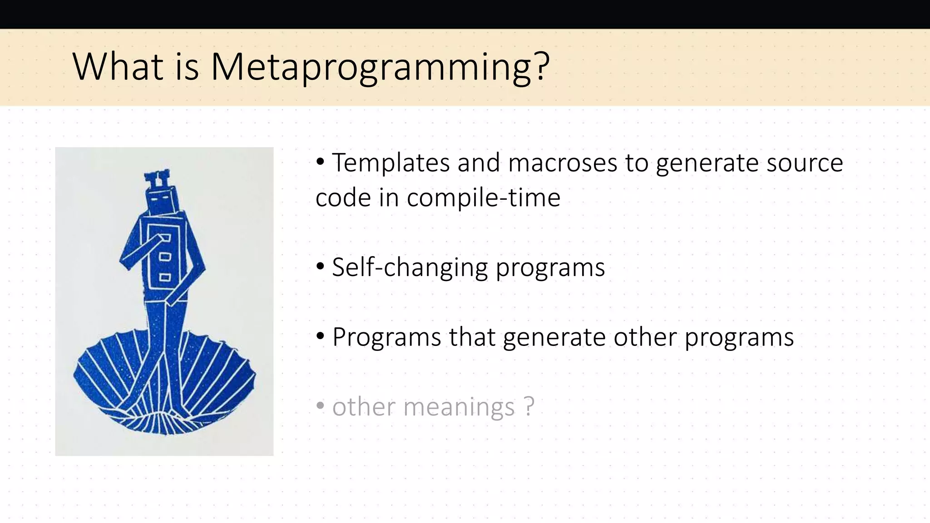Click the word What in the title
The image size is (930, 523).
[x=118, y=67]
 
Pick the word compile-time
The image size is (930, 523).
[x=483, y=198]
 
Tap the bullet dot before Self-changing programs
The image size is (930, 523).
[x=320, y=266]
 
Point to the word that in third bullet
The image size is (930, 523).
[x=472, y=337]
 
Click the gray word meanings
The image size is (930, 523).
[x=459, y=407]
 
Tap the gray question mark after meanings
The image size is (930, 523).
[x=529, y=406]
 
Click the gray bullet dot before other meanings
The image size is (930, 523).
[x=320, y=405]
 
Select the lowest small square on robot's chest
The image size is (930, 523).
[x=164, y=277]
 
